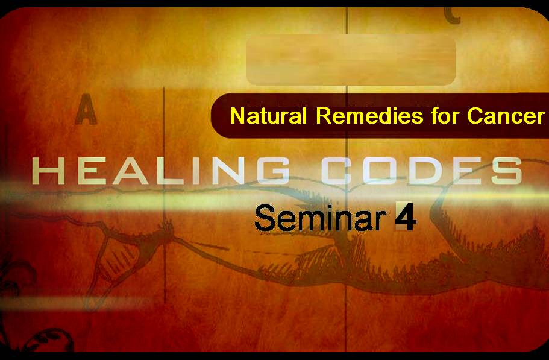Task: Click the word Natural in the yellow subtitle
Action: click(x=269, y=116)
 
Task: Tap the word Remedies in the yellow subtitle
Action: click(x=369, y=116)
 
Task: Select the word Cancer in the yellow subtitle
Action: click(x=506, y=116)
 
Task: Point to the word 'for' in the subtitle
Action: click(x=445, y=116)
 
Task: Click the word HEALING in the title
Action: click(x=160, y=171)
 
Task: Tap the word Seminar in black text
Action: click(x=321, y=218)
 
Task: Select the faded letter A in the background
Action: click(x=86, y=109)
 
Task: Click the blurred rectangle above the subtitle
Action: click(x=351, y=60)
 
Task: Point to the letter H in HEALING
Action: click(x=49, y=171)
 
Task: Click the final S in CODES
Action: click(x=507, y=171)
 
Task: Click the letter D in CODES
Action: click(x=422, y=171)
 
